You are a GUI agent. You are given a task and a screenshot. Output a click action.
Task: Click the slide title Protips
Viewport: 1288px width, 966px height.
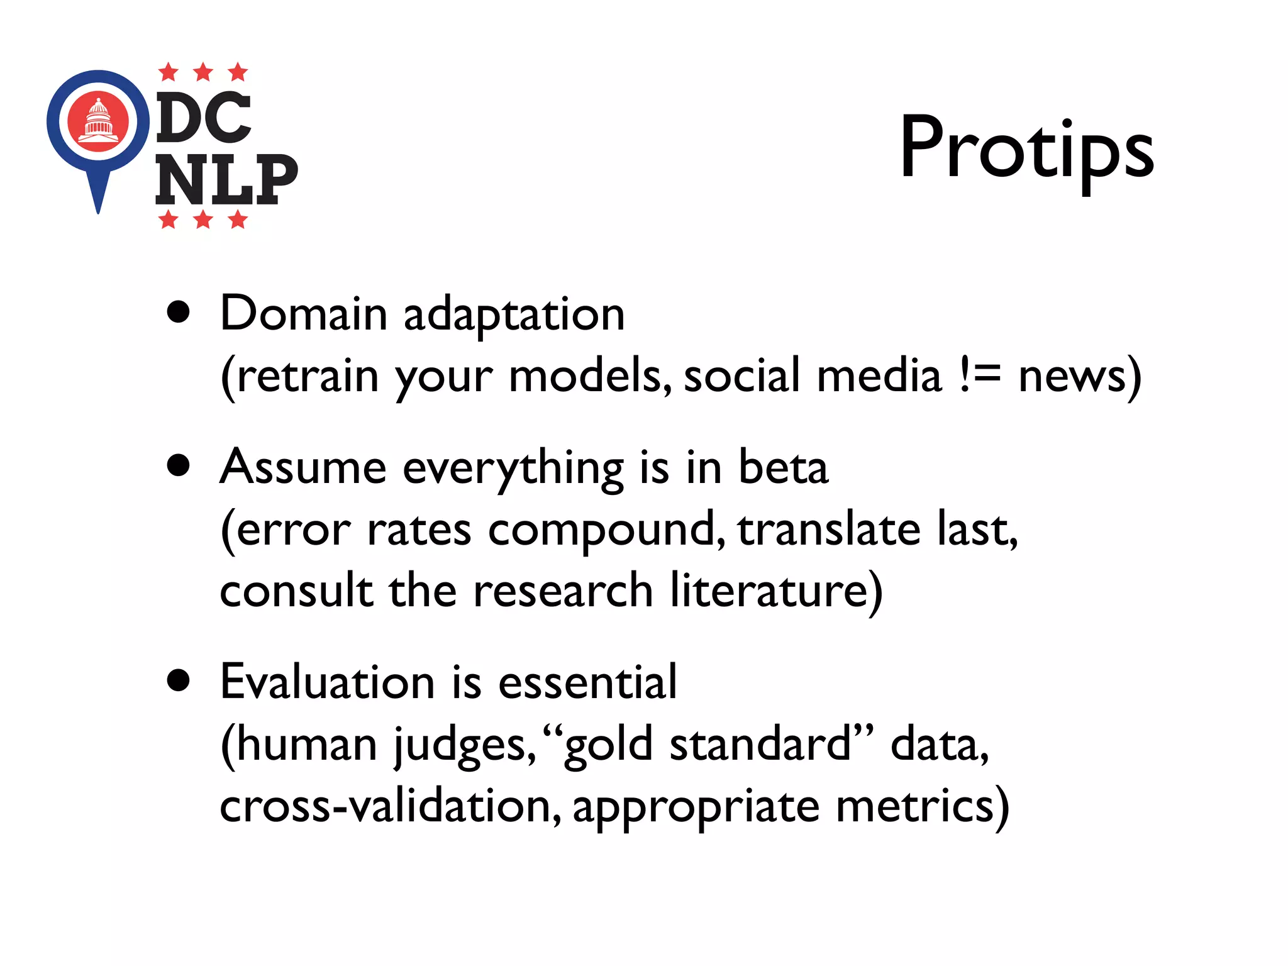pyautogui.click(x=1026, y=150)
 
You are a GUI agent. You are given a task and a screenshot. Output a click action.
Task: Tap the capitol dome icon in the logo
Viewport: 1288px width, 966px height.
pyautogui.click(x=98, y=120)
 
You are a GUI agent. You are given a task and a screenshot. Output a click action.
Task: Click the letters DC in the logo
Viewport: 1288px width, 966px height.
pyautogui.click(x=203, y=117)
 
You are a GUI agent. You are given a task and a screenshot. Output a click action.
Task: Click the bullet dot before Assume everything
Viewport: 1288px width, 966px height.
pyautogui.click(x=179, y=465)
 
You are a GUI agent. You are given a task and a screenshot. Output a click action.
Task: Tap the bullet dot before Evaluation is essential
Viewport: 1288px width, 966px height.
pyautogui.click(x=179, y=680)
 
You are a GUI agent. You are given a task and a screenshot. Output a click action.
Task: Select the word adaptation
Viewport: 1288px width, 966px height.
pyautogui.click(x=514, y=314)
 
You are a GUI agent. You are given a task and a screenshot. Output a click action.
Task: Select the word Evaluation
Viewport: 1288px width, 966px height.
pyautogui.click(x=328, y=682)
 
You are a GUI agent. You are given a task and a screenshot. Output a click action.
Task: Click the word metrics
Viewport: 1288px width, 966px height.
pyautogui.click(x=915, y=806)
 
